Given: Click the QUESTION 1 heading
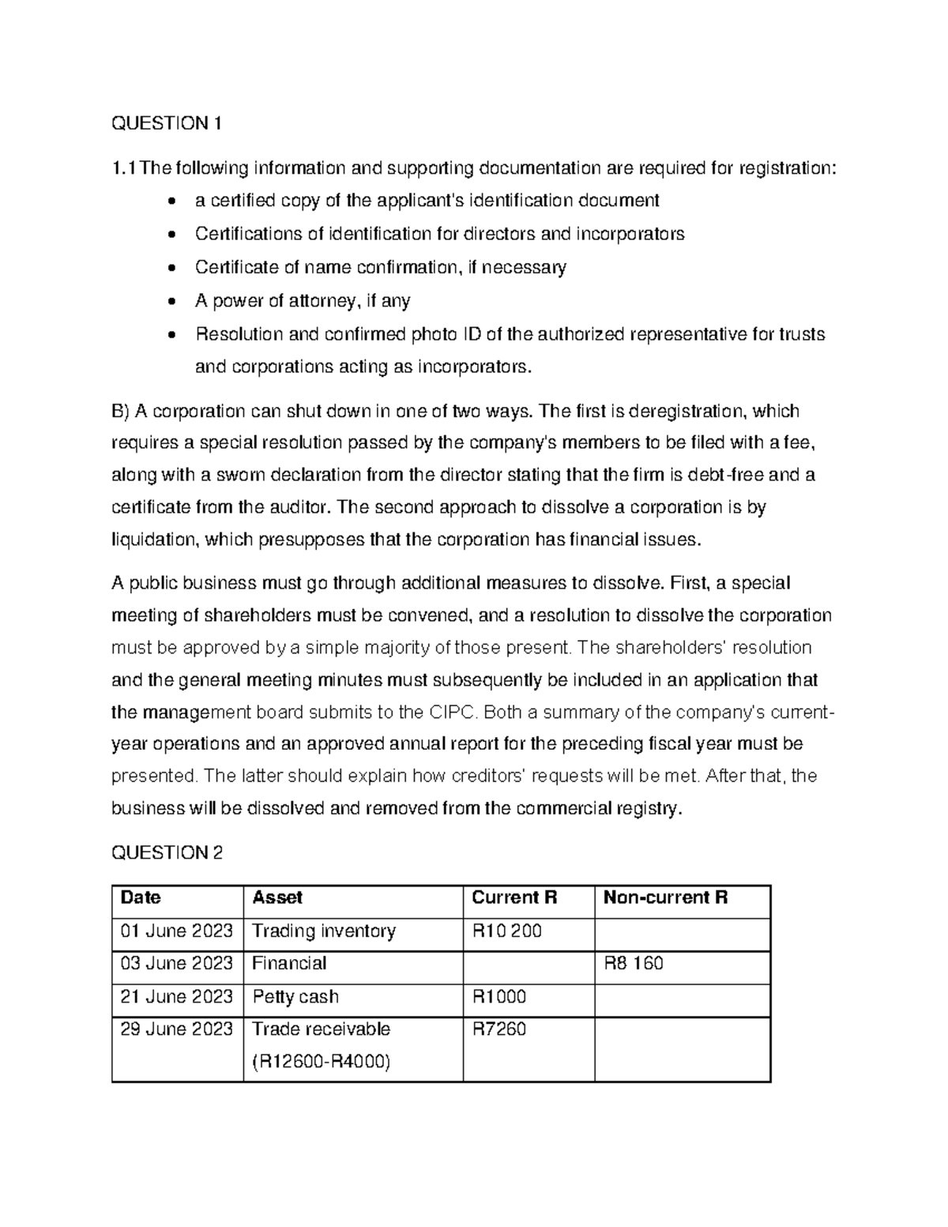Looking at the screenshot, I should pos(167,123).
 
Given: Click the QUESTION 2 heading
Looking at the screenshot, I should pos(167,853).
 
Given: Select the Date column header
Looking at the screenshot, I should pos(140,898).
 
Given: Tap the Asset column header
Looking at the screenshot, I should pos(276,898).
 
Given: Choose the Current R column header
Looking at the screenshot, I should pos(514,898).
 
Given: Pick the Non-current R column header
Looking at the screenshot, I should pos(665,898).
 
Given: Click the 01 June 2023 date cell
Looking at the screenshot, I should pos(176,931).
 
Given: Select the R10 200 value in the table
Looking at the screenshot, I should pos(506,931).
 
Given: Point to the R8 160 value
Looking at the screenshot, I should pos(634,963).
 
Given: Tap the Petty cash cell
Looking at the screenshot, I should pos(295,996).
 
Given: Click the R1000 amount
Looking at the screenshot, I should pos(498,996).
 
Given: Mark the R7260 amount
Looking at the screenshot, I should pos(498,1029).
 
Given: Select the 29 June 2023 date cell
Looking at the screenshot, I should pos(176,1029).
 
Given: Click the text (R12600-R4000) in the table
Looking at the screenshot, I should pos(321,1062).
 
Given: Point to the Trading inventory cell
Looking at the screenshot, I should pos(323,931).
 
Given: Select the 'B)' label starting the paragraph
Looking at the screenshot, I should pos(120,411).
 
